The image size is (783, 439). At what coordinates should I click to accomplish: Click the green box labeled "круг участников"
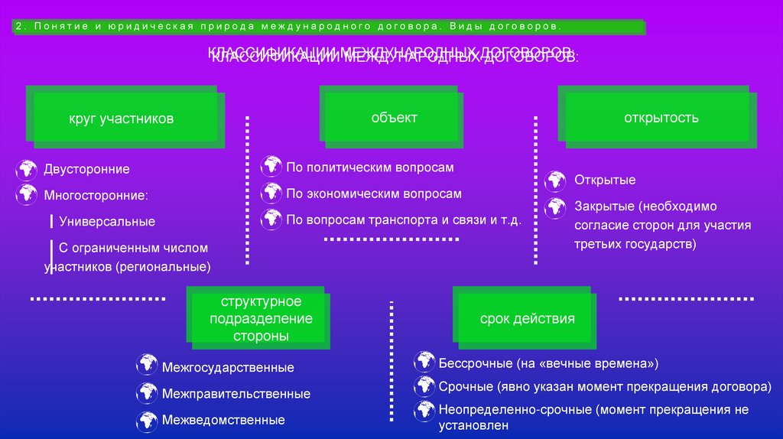122,119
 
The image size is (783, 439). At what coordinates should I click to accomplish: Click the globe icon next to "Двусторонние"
26,169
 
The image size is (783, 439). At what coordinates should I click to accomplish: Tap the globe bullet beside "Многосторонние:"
26,194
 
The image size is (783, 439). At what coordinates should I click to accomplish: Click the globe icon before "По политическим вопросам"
271,166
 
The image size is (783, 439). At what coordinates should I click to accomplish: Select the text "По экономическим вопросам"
374,194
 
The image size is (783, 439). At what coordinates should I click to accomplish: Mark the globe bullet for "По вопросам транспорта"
271,219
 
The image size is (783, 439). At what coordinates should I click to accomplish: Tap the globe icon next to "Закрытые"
556,206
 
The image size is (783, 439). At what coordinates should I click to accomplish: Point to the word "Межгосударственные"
228,368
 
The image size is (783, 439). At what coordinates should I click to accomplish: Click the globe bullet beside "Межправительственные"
146,393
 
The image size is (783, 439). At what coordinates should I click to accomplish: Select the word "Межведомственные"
223,420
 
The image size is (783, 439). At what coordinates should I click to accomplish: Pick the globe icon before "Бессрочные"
424,361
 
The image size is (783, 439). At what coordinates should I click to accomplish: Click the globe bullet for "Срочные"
424,385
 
